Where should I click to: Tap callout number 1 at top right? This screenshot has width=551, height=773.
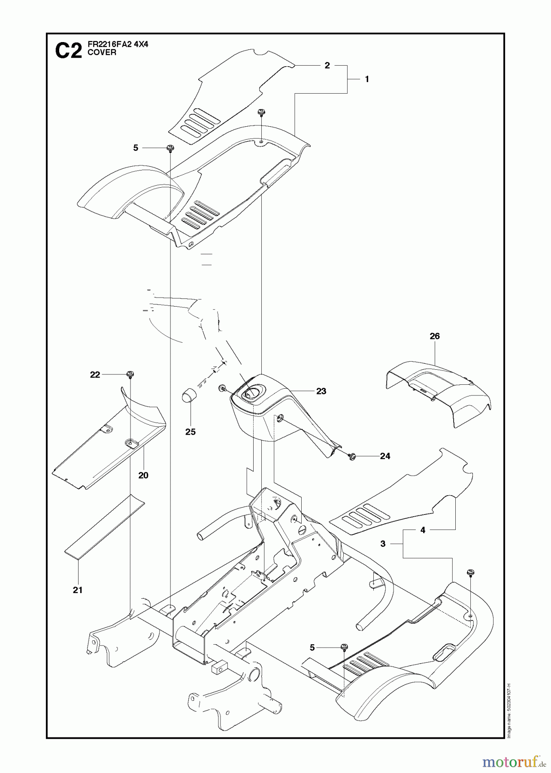click(367, 79)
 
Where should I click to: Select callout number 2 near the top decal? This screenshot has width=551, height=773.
click(327, 66)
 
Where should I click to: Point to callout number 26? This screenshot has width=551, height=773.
click(435, 336)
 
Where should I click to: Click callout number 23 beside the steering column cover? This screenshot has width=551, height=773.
click(321, 391)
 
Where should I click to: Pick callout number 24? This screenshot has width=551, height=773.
click(385, 456)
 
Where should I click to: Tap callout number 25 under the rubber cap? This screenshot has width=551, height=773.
click(190, 432)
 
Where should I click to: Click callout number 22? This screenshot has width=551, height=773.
click(95, 375)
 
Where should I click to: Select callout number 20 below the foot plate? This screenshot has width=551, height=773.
click(143, 475)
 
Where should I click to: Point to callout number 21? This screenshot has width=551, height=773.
click(77, 590)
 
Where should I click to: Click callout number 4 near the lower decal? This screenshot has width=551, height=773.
click(423, 530)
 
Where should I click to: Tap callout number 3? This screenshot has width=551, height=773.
click(383, 544)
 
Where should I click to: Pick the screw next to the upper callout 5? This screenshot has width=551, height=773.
click(170, 148)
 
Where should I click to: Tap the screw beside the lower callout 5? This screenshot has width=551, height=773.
click(344, 647)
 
